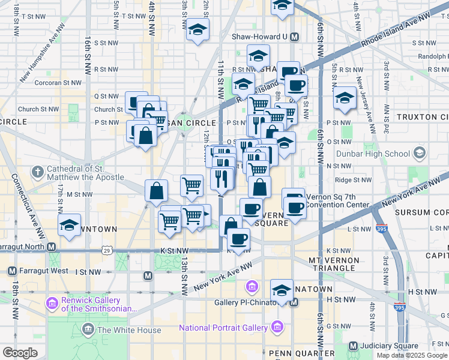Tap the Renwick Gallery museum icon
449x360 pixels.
coord(52,304)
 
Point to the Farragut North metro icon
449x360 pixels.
coord(52,247)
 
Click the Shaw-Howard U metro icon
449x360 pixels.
coord(294,37)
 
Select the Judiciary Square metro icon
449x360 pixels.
coord(352,346)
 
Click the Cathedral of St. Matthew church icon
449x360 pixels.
coord(37,172)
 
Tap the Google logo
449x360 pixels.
coord(19,352)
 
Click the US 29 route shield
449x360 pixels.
coord(106,248)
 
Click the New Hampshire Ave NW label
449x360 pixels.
coord(42,53)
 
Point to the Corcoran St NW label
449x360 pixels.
coord(58,83)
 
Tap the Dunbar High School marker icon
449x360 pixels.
coord(419,154)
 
